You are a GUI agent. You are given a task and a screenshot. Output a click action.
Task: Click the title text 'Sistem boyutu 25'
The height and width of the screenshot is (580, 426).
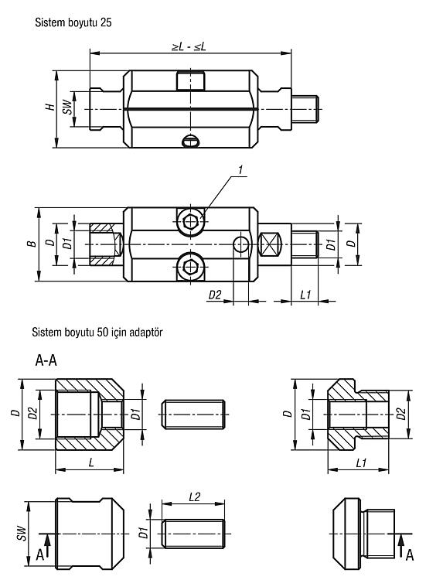[73, 22]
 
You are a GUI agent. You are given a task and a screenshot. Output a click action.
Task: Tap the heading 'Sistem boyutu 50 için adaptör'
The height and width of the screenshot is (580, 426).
[97, 332]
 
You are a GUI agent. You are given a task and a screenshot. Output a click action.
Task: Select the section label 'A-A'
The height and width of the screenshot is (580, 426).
[46, 360]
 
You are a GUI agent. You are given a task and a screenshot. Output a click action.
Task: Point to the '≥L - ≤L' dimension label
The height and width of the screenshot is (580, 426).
[189, 46]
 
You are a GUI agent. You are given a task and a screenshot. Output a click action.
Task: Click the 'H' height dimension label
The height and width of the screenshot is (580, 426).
[50, 107]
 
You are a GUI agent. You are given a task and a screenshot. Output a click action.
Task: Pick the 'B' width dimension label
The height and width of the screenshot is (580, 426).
[33, 244]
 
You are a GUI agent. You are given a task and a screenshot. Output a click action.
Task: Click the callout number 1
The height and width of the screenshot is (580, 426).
[240, 170]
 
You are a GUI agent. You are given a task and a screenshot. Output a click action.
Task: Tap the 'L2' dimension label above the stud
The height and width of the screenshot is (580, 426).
[194, 496]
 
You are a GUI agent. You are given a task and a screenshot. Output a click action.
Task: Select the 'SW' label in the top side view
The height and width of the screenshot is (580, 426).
[66, 107]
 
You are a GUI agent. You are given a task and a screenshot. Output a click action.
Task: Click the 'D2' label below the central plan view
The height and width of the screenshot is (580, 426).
[215, 295]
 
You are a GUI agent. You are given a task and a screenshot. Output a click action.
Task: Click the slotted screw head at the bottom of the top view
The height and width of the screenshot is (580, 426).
[191, 141]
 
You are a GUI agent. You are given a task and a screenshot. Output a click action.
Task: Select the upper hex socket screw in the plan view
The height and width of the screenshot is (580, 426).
[191, 222]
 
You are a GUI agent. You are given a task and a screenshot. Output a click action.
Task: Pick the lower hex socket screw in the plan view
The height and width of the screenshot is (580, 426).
[191, 266]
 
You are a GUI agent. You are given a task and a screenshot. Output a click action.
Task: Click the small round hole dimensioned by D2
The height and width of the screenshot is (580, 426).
[241, 244]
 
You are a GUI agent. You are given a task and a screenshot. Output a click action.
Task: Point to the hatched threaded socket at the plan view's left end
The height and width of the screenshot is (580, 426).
[106, 244]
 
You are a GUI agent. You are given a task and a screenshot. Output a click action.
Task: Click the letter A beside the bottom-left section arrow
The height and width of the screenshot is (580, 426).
[40, 554]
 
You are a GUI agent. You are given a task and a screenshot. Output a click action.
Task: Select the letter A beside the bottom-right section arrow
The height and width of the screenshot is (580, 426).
[409, 555]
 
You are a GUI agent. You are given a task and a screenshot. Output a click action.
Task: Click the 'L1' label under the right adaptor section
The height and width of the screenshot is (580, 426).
[361, 462]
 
